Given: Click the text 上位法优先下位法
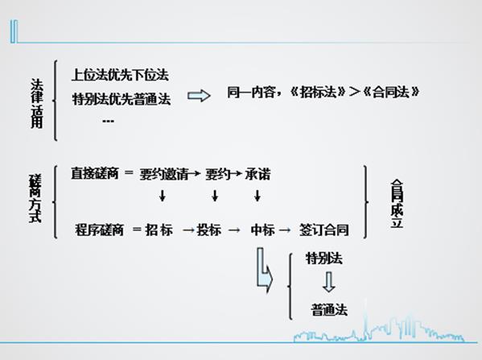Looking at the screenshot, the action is coord(120,75).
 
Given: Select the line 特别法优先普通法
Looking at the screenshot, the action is coord(122,99).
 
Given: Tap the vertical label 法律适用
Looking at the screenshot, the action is coord(37,103).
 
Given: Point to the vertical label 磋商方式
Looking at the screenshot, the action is coord(35,198).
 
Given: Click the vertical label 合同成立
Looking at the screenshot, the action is coord(397,204).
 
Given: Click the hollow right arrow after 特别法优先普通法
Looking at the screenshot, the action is coord(200,96).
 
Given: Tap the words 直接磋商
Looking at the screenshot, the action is coord(95,173).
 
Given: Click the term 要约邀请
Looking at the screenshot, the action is coord(164,175).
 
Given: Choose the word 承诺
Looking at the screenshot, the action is coord(257,175).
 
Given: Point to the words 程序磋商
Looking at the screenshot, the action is coord(99,230).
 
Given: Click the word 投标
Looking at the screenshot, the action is coord(209,230).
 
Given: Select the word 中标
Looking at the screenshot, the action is coord(263,230).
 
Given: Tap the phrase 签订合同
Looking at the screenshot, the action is coord(324,230).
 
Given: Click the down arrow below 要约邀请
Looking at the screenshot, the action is coord(163,196).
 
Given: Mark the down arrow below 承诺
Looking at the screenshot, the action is coord(257,196).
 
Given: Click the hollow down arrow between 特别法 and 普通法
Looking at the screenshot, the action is coord(329,282).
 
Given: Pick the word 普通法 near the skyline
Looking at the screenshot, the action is coord(329,309).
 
